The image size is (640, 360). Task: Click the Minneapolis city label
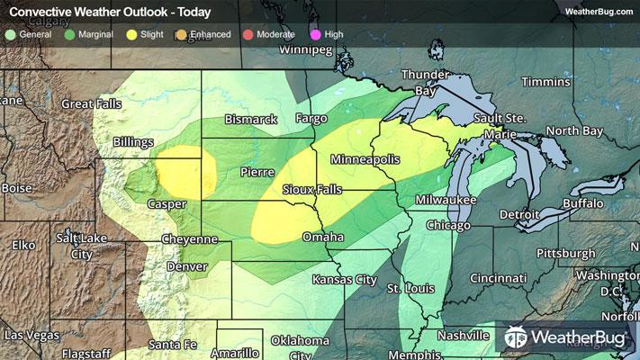point(365,159)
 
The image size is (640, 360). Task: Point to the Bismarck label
point(251,119)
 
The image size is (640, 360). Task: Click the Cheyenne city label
point(189,239)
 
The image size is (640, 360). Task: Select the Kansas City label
point(344,280)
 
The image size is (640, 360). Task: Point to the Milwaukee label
point(446,199)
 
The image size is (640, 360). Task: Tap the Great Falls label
point(91,104)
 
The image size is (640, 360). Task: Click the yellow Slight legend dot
point(132,33)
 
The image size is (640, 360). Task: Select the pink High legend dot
point(315,33)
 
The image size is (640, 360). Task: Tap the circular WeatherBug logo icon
point(516,338)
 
